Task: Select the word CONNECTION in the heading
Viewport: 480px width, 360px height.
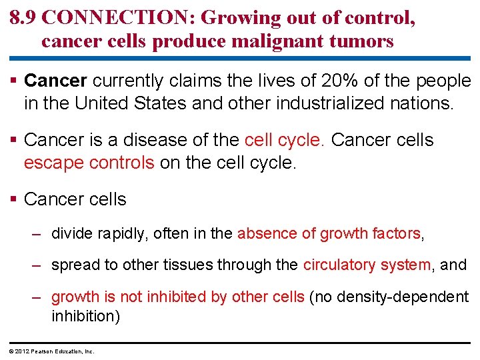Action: [x=114, y=17]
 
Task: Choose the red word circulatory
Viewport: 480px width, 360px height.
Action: [x=339, y=265]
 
